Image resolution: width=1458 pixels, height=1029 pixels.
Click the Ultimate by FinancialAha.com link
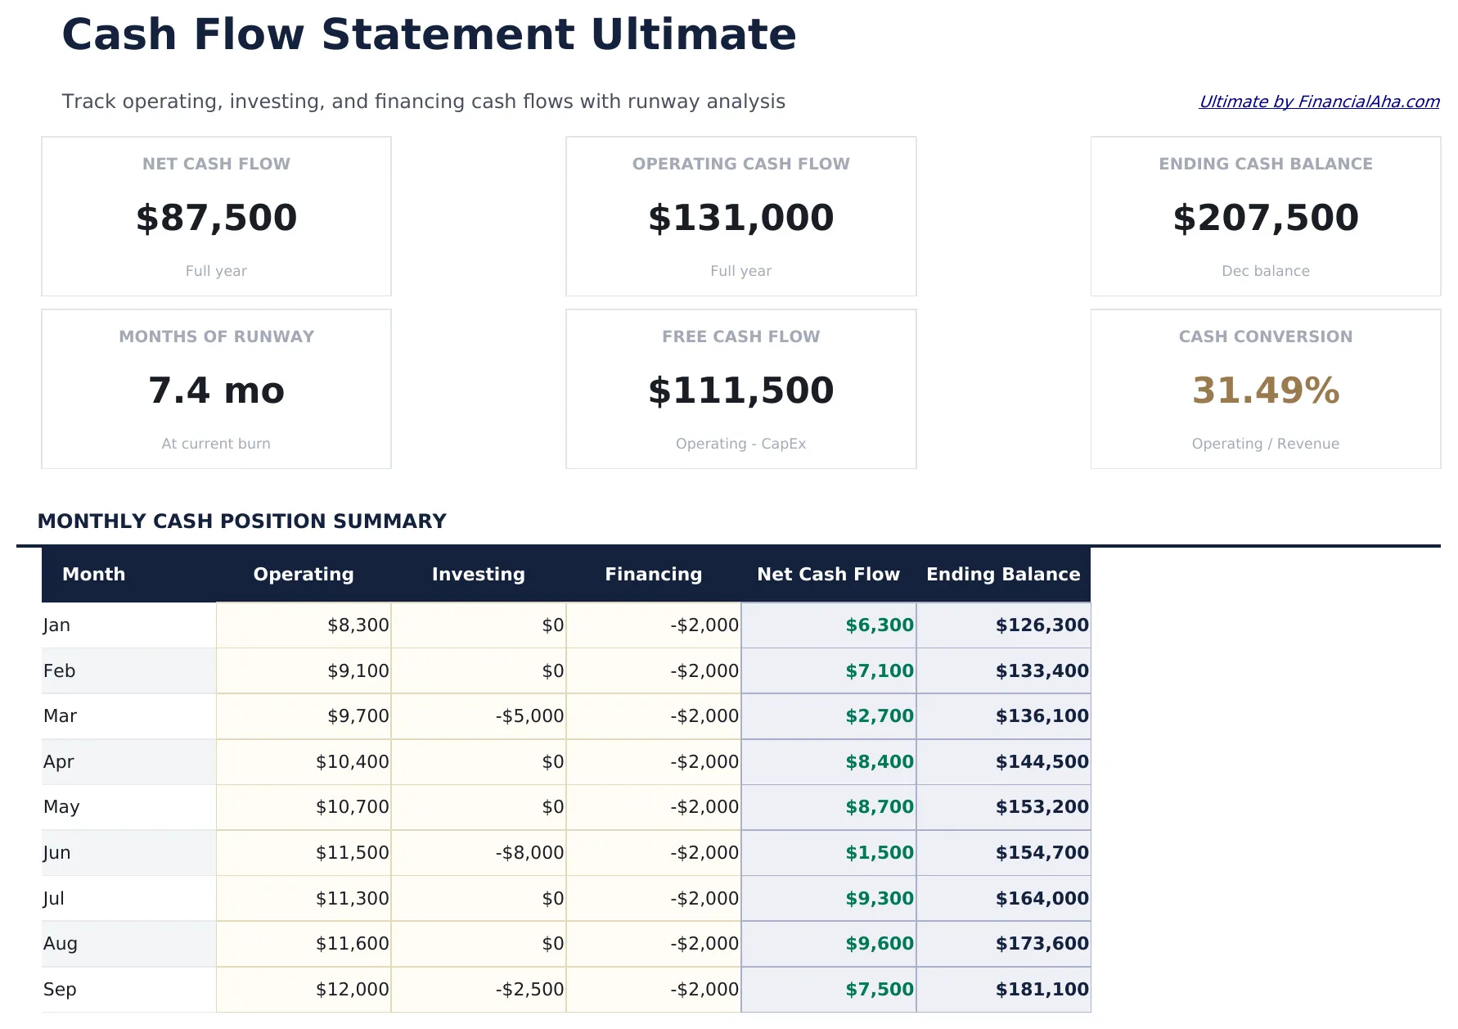pyautogui.click(x=1318, y=102)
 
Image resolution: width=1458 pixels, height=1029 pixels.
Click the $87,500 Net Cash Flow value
pyautogui.click(x=216, y=218)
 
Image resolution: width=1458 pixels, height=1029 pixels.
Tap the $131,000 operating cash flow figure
pyautogui.click(x=740, y=218)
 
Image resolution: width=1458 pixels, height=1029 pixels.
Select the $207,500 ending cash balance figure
pyautogui.click(x=1265, y=218)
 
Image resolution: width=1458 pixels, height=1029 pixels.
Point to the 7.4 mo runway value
pyautogui.click(x=216, y=390)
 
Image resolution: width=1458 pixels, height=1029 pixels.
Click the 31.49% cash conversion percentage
pyautogui.click(x=1265, y=390)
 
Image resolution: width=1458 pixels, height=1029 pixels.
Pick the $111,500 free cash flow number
pyautogui.click(x=740, y=390)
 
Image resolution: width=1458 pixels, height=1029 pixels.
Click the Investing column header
pyautogui.click(x=478, y=574)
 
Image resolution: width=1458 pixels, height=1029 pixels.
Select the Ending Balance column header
pyautogui.click(x=1002, y=574)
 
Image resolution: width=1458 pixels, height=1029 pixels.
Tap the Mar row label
pyautogui.click(x=60, y=716)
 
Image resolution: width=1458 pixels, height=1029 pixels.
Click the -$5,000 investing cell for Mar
pyautogui.click(x=529, y=716)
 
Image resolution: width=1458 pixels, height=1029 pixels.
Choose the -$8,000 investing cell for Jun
pyautogui.click(x=529, y=853)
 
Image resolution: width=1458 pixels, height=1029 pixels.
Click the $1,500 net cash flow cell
pyautogui.click(x=879, y=853)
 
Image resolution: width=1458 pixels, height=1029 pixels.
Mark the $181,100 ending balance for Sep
pyautogui.click(x=1042, y=990)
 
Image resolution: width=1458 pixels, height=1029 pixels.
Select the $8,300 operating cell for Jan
pyautogui.click(x=358, y=625)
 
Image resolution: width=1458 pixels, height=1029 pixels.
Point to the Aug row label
pyautogui.click(x=60, y=944)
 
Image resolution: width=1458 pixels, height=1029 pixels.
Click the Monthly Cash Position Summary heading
pyautogui.click(x=241, y=521)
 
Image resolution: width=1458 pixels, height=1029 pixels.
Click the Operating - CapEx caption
pyautogui.click(x=740, y=444)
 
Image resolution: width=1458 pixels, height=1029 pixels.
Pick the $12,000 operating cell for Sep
pyautogui.click(x=352, y=990)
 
